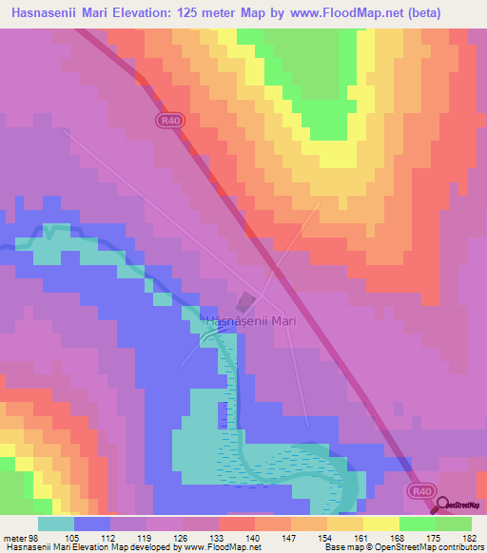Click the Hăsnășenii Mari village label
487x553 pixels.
(249, 321)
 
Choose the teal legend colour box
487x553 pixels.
(56, 524)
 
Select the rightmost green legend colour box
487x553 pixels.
(454, 524)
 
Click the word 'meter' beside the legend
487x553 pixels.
(13, 537)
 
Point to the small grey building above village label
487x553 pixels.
(245, 302)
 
